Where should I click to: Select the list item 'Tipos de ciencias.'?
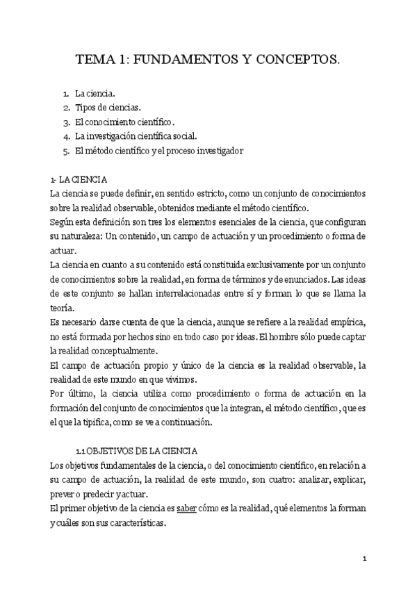[108, 107]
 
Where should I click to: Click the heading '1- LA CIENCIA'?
[79, 179]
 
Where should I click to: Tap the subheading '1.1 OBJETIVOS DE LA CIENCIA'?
[138, 451]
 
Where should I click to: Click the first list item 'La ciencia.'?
[95, 92]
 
